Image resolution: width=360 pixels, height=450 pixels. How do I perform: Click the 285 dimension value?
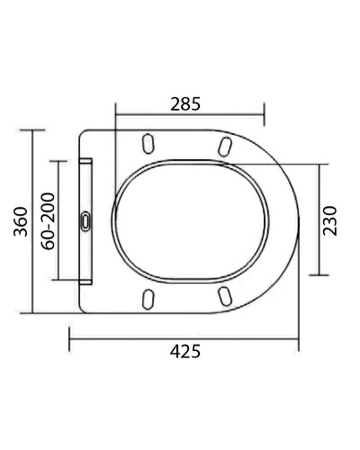185,103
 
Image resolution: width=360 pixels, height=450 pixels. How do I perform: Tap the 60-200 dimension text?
48,220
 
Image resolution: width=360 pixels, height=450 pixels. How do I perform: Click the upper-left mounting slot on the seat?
147,143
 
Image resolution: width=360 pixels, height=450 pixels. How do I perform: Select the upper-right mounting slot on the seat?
224,144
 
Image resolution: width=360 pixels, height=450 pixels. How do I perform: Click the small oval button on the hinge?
85,220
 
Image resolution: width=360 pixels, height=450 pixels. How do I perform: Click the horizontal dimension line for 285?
190,115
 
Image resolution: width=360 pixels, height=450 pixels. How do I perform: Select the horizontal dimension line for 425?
184,339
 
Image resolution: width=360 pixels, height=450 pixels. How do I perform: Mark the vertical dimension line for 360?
33,220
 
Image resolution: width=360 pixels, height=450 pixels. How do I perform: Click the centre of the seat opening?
192,221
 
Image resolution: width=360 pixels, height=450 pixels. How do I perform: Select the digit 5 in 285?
196,103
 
